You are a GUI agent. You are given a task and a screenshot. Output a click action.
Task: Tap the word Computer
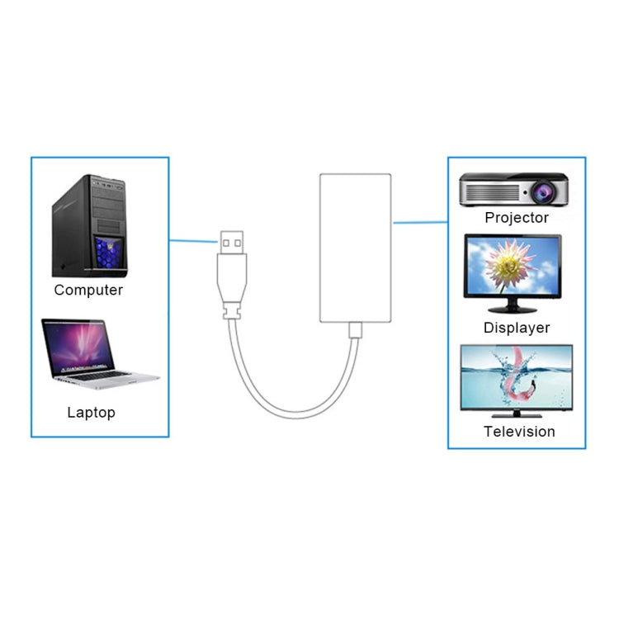point(88,291)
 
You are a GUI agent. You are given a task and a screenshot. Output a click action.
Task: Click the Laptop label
point(91,412)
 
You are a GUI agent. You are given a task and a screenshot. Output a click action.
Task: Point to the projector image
point(513,190)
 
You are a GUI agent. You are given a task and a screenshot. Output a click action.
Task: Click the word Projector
point(516,218)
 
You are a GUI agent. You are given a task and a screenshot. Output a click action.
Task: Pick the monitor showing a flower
point(513,265)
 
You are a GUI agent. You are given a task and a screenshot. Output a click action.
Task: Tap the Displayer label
point(516,328)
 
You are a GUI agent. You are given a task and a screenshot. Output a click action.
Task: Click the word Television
point(519,432)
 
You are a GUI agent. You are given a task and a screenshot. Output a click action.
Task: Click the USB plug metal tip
point(233,241)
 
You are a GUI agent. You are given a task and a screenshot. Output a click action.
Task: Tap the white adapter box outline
point(355,248)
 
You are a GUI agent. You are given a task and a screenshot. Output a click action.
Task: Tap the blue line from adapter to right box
point(419,222)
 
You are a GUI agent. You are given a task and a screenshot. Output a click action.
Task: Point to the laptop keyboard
point(103,375)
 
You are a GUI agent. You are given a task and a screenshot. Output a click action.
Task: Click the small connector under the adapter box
point(355,330)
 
